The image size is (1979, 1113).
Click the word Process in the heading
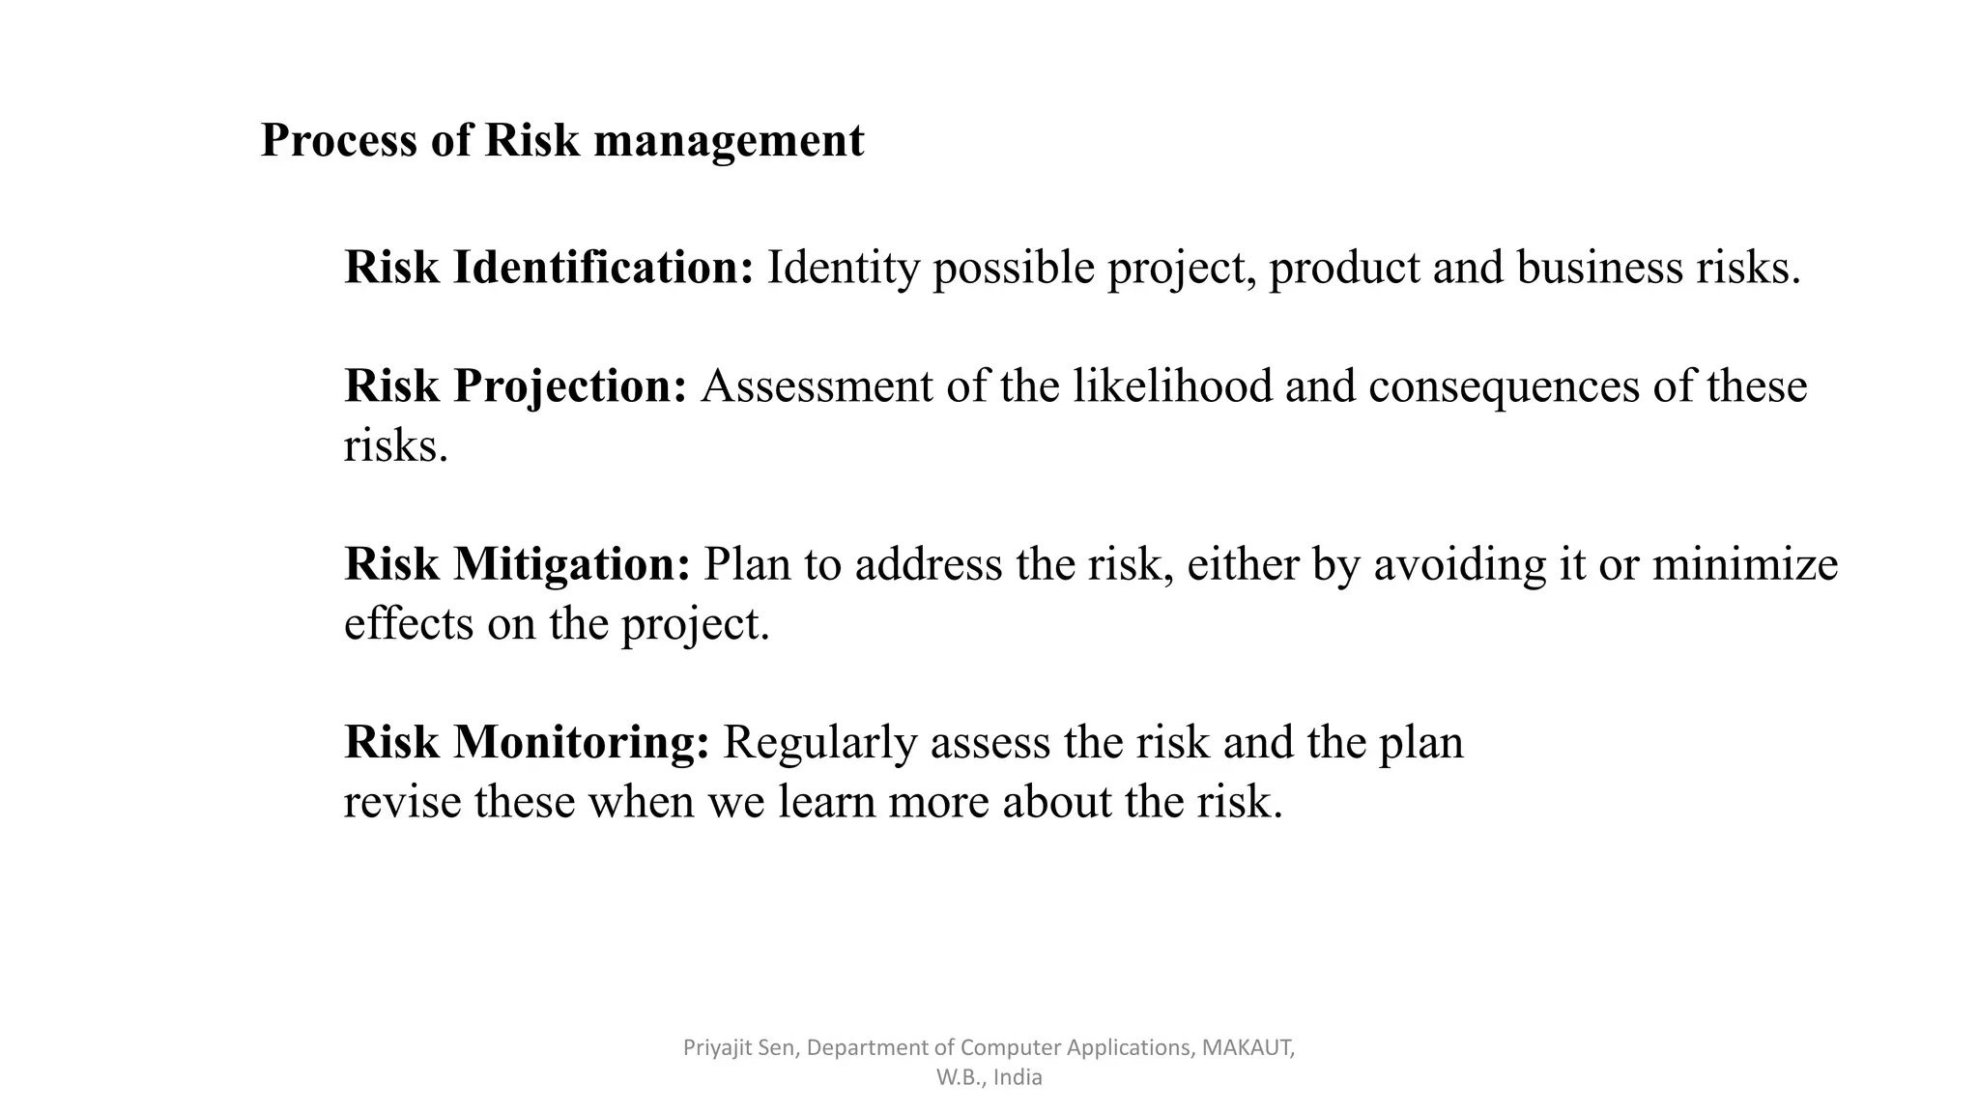(x=339, y=141)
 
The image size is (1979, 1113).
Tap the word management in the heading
(x=729, y=141)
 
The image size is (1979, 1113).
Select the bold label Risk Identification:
(x=549, y=268)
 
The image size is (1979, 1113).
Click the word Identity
(x=843, y=268)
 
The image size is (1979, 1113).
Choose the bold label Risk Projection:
(x=515, y=386)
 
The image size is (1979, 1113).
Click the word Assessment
(x=817, y=386)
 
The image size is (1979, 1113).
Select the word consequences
(x=1504, y=386)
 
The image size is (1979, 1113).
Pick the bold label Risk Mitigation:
(x=517, y=564)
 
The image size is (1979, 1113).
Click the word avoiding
(x=1459, y=564)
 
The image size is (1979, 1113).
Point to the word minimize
(x=1744, y=564)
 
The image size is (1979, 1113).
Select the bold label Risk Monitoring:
(x=527, y=743)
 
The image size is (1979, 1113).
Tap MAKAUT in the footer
(x=1247, y=1047)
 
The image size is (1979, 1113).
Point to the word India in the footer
(x=1017, y=1077)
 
